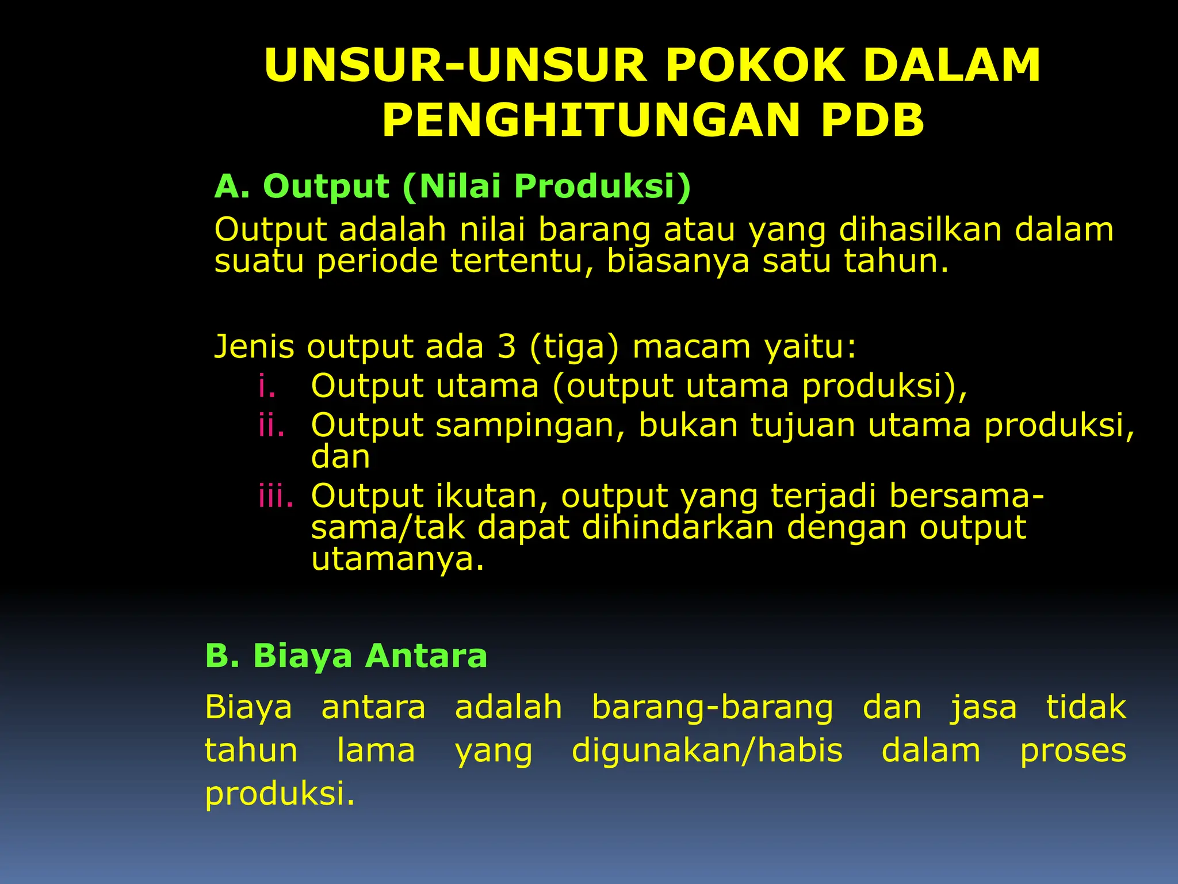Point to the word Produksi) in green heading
602,186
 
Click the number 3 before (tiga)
507,346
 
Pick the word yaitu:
810,348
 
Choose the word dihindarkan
678,527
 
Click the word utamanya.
397,559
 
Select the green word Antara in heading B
426,656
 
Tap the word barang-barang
712,708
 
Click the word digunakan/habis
707,751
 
